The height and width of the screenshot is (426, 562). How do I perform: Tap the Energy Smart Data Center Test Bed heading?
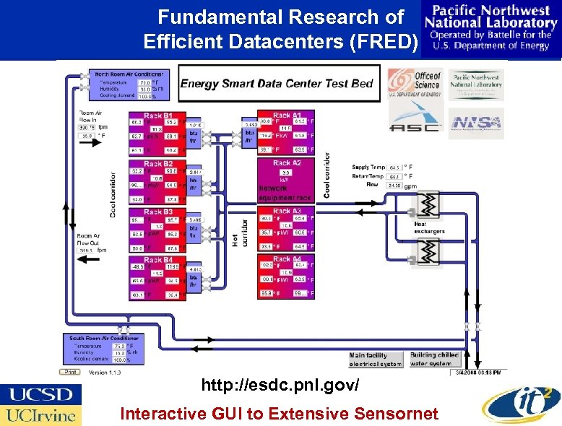pyautogui.click(x=277, y=83)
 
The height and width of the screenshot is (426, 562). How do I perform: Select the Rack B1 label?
pyautogui.click(x=158, y=116)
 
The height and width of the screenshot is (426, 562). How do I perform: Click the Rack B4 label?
pyautogui.click(x=158, y=260)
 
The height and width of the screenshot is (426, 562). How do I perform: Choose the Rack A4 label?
pyautogui.click(x=287, y=258)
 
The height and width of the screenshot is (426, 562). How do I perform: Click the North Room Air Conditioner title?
pyautogui.click(x=131, y=74)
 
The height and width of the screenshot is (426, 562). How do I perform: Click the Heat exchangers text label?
pyautogui.click(x=429, y=228)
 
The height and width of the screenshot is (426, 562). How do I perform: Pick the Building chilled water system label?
pyautogui.click(x=434, y=359)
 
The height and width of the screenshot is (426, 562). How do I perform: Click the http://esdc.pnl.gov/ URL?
pyautogui.click(x=280, y=386)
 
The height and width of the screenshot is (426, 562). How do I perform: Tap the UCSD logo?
pyautogui.click(x=40, y=395)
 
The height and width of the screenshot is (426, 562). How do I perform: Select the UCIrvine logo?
pyautogui.click(x=40, y=415)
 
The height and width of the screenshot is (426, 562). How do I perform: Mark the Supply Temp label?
pyautogui.click(x=369, y=167)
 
